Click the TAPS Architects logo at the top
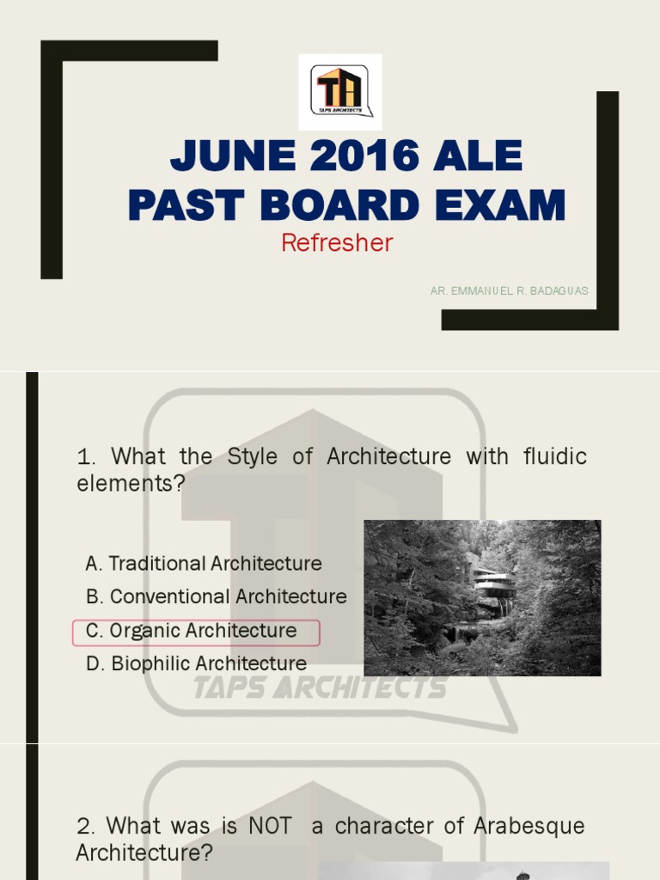coord(340,91)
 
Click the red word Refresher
coord(337,243)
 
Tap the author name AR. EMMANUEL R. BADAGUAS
coord(510,291)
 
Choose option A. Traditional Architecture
coord(204,564)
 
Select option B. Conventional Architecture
coord(217,596)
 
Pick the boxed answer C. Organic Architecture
coord(197,631)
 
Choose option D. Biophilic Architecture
coord(197,663)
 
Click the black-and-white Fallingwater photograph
coord(482,597)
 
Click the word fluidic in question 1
coord(554,456)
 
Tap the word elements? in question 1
coord(131,484)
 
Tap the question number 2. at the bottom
coord(86,827)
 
